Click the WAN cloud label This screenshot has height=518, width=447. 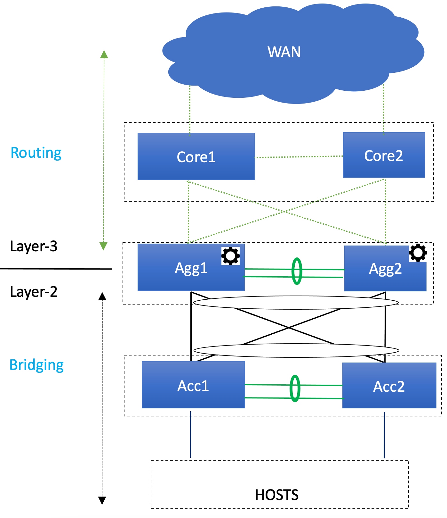click(x=284, y=52)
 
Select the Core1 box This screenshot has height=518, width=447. click(x=196, y=157)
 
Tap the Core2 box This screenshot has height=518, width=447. click(x=384, y=155)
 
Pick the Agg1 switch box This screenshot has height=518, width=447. click(x=191, y=268)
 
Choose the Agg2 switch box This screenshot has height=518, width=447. click(x=385, y=269)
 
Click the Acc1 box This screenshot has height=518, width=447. click(x=193, y=385)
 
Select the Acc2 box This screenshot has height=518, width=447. click(x=389, y=386)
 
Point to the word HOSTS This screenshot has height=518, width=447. click(x=277, y=495)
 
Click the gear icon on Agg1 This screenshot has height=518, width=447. click(x=230, y=256)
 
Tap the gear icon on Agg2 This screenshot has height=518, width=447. click(x=418, y=253)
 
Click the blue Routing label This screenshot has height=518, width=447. click(x=36, y=153)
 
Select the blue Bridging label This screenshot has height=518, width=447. click(x=36, y=365)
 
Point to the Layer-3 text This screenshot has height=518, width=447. click(x=34, y=246)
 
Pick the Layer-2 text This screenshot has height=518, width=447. click(x=34, y=292)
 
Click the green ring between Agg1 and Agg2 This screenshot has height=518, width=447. click(x=297, y=271)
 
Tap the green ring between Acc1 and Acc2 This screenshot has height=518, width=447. click(x=295, y=388)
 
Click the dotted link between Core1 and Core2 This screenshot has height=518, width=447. click(x=299, y=157)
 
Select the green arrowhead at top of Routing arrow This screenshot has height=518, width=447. click(x=104, y=54)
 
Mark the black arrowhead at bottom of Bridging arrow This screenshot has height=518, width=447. click(x=102, y=500)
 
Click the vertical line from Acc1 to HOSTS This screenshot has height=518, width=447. click(x=190, y=434)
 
